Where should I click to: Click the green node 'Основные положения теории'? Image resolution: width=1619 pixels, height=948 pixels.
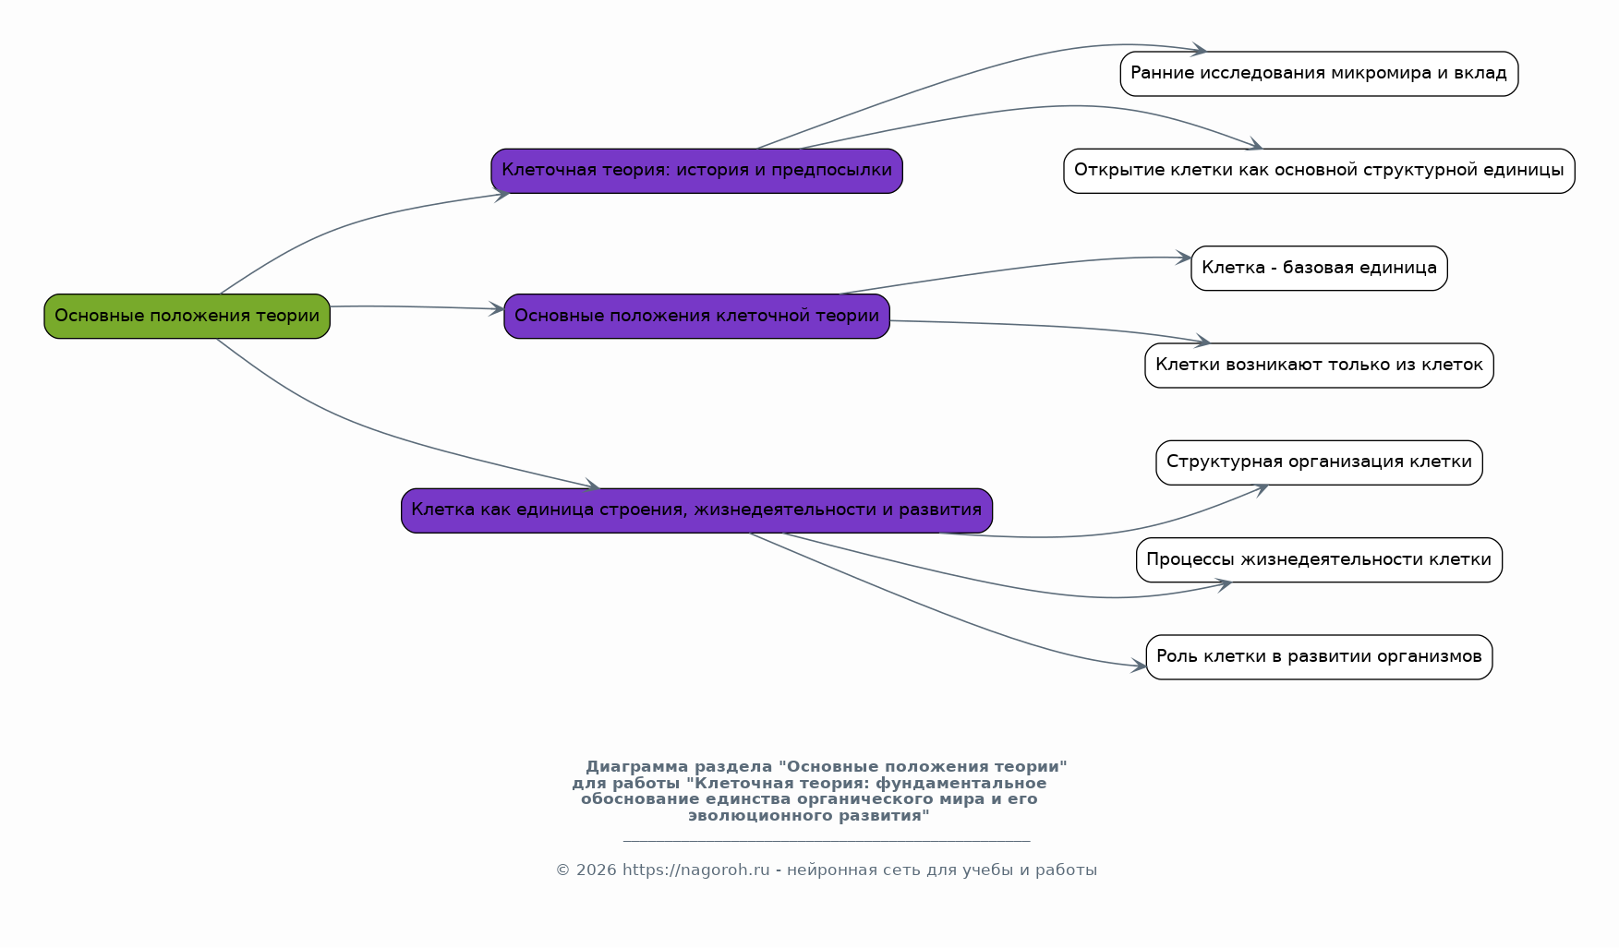[x=187, y=317]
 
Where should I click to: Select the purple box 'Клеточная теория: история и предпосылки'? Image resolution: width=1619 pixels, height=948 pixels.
[x=696, y=171]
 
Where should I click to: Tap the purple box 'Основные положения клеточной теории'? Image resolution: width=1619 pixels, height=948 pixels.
[x=696, y=317]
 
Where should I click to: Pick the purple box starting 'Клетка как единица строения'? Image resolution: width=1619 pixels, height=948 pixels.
[x=696, y=510]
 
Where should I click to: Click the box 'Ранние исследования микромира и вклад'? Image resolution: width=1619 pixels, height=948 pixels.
[x=1319, y=74]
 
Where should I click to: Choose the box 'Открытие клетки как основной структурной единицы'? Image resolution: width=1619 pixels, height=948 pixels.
[x=1319, y=171]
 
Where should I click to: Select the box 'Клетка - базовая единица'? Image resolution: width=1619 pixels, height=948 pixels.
[x=1319, y=269]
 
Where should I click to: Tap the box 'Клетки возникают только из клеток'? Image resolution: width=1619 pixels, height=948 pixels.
[x=1319, y=366]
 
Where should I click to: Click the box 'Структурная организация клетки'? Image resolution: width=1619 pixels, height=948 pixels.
[x=1319, y=462]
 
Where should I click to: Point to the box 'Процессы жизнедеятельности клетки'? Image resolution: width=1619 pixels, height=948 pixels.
[x=1319, y=560]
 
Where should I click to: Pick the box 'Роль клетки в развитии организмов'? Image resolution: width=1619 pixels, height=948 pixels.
[x=1319, y=657]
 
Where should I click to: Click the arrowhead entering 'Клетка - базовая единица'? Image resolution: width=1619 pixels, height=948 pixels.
[x=1184, y=258]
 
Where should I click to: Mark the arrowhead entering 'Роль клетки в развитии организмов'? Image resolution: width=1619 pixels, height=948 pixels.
[x=1139, y=666]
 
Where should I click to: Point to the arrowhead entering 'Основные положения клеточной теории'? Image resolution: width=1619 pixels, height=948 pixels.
[x=497, y=310]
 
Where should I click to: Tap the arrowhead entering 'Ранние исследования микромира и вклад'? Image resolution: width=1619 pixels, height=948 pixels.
[x=1199, y=50]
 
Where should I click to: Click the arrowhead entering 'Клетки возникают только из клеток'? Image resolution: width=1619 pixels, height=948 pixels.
[x=1202, y=342]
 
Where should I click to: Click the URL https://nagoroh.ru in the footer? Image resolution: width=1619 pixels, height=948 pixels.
[x=695, y=870]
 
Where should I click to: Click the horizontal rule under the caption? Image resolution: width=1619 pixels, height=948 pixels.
[x=827, y=841]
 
